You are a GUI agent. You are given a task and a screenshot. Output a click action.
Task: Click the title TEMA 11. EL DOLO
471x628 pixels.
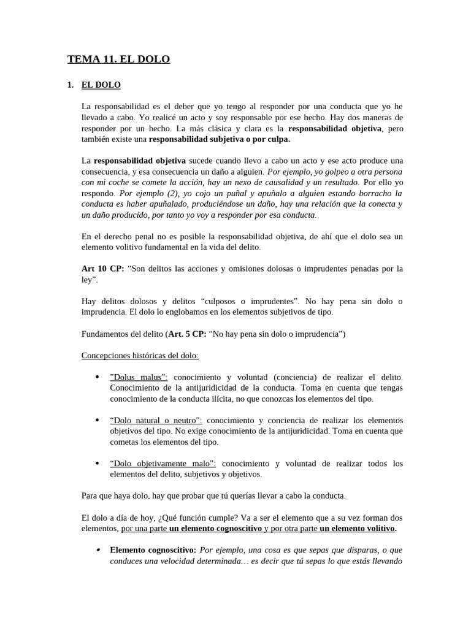coord(118,59)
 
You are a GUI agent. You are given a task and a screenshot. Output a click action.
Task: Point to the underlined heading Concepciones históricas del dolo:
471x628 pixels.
coord(140,356)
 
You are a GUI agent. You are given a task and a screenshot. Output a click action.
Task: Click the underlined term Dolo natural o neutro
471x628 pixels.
coord(156,420)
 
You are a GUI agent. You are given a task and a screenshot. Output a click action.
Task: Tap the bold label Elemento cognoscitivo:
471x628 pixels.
coord(153,550)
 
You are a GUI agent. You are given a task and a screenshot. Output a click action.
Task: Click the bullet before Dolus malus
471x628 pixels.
coord(98,377)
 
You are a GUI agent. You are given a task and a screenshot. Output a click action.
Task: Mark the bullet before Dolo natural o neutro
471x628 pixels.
coord(98,420)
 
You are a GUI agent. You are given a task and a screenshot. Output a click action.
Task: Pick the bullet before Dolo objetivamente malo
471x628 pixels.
coord(98,463)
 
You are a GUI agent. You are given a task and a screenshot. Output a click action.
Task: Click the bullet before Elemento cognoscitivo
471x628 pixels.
coord(98,550)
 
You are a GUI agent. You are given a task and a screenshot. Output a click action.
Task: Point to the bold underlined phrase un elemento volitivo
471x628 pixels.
coord(358,528)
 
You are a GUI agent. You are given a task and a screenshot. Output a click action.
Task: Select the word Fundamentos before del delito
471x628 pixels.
coord(104,334)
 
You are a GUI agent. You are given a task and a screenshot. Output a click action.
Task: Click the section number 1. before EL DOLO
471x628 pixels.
coord(71,85)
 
